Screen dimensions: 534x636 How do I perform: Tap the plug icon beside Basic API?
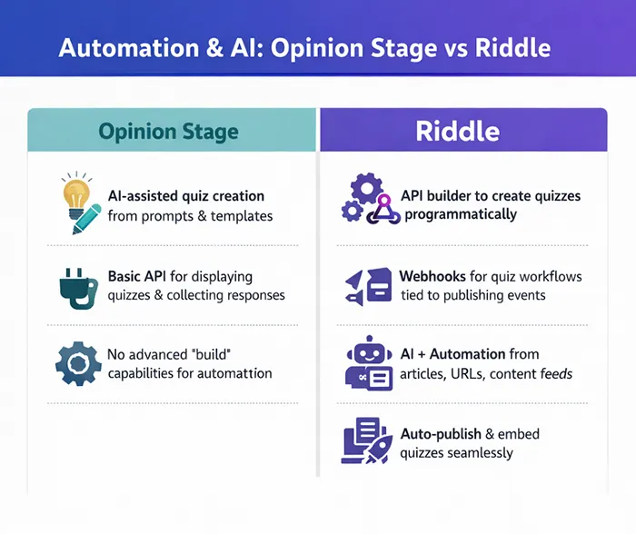(76, 285)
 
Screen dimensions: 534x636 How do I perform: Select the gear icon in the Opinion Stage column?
(76, 363)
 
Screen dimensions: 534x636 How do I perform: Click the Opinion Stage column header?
(169, 131)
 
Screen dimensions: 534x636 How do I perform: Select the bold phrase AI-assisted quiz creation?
(185, 195)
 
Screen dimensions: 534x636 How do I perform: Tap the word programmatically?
(460, 214)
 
